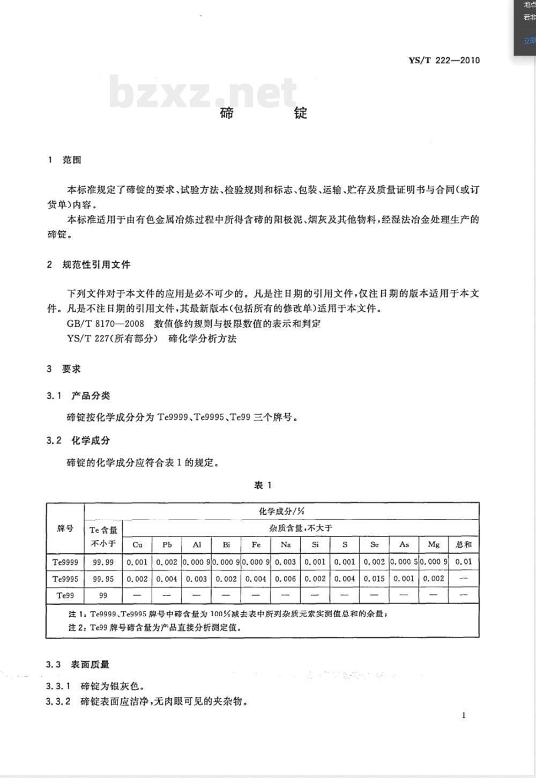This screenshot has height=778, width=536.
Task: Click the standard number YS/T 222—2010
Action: (444, 60)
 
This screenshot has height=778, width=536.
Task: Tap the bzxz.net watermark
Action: (203, 92)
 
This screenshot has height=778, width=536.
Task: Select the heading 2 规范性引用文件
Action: (88, 265)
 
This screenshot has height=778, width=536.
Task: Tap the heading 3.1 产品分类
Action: (78, 395)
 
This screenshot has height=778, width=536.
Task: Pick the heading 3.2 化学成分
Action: (78, 441)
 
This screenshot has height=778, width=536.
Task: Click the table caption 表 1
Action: (263, 485)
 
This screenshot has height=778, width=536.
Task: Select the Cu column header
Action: (137, 545)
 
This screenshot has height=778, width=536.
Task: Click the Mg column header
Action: (434, 545)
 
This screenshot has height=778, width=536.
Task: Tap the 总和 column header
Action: (464, 545)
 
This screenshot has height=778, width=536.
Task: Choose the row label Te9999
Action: (65, 562)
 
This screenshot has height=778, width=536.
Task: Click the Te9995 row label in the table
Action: (65, 579)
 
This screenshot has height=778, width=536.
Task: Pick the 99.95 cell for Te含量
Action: (103, 579)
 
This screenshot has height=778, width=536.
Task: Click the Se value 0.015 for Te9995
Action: (374, 579)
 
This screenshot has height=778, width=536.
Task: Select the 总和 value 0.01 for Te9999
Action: (464, 562)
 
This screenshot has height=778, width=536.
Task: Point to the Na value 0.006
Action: (286, 579)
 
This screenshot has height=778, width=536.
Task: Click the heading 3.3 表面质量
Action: (78, 664)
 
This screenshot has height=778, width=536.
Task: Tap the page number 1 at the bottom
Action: (464, 715)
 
